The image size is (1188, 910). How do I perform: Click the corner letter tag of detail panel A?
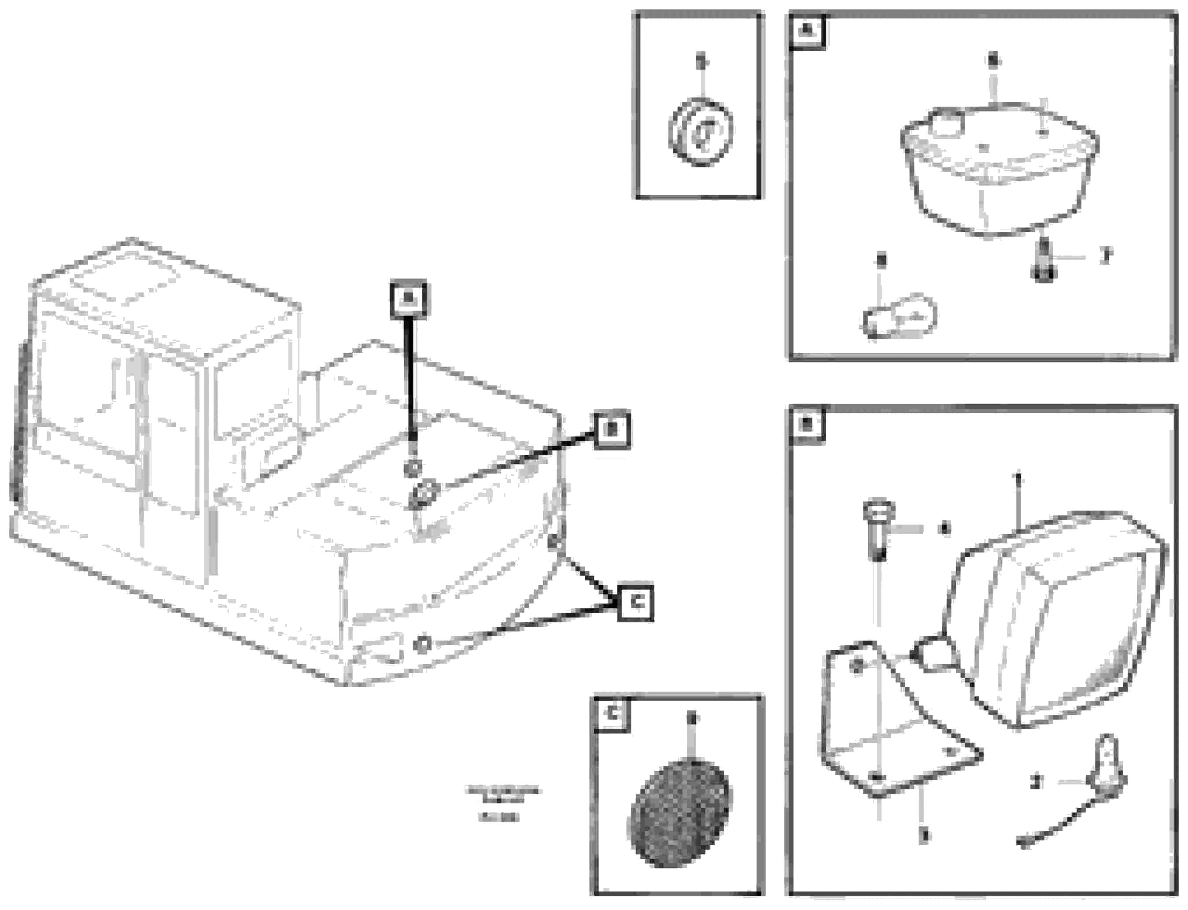pyautogui.click(x=807, y=32)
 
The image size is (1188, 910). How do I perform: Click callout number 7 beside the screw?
pyautogui.click(x=1105, y=255)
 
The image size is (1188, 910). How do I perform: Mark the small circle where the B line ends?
pyautogui.click(x=426, y=492)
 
